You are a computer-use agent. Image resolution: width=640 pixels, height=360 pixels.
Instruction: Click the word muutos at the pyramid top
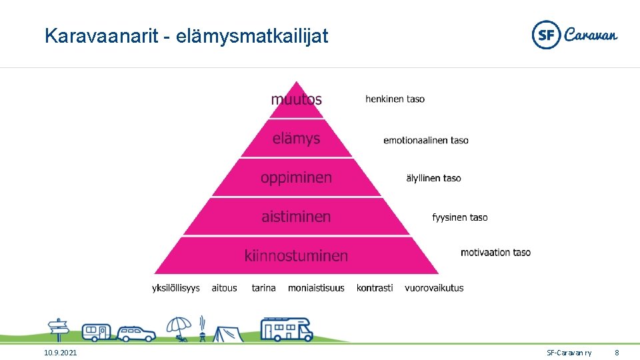[x=296, y=99]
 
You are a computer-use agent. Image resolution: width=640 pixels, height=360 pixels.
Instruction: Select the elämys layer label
[x=296, y=139]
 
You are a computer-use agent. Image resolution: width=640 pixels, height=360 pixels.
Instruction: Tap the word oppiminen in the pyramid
[x=296, y=178]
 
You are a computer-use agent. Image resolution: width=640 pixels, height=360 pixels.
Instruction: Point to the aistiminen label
[x=296, y=217]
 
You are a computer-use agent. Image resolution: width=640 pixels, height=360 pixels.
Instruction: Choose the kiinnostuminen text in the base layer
[x=296, y=255]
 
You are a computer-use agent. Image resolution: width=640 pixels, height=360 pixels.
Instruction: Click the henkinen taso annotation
[x=395, y=99]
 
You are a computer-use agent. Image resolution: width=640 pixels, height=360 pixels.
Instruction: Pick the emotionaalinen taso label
[x=425, y=140]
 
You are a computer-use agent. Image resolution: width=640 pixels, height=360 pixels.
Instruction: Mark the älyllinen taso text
[x=433, y=178]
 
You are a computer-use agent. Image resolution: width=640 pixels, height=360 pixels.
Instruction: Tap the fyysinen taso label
[x=459, y=217]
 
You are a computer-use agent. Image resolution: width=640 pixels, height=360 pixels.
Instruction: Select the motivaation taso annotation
[x=495, y=253]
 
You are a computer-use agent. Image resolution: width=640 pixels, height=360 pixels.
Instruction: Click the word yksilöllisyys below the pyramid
[x=175, y=288]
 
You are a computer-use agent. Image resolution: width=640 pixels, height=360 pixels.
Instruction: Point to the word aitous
[x=224, y=288]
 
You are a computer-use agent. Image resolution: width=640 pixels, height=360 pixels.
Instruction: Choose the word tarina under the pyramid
[x=263, y=288]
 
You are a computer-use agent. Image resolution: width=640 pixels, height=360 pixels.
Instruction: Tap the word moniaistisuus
[x=316, y=288]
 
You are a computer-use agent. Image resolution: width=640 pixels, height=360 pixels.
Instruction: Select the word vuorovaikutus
[x=434, y=288]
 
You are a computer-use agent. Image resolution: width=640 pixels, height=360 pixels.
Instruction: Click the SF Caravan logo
[x=574, y=35]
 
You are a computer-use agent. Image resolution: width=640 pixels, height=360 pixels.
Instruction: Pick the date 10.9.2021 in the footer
[x=60, y=352]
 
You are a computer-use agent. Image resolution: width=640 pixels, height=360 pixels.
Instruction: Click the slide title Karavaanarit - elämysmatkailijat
[x=186, y=36]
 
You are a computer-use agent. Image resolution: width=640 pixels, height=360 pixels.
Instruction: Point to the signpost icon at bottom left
[x=59, y=329]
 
